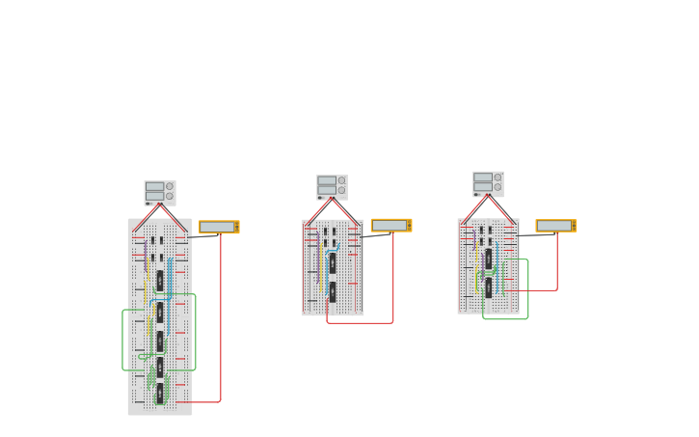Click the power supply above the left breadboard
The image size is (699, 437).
click(160, 193)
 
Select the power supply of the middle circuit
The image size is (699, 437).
click(332, 186)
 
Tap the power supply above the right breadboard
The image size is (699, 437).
click(488, 183)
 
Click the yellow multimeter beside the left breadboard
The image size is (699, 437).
click(219, 227)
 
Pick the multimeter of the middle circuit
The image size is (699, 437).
click(390, 225)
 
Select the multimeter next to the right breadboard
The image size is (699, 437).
click(556, 226)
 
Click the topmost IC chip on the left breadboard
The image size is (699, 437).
click(160, 281)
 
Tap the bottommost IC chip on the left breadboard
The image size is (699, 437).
click(160, 393)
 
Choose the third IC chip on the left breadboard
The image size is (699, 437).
click(160, 341)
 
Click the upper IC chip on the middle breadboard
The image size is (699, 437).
click(333, 262)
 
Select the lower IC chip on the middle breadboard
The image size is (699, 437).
click(333, 291)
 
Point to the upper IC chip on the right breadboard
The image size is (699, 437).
click(489, 259)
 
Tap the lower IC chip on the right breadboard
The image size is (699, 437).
click(489, 287)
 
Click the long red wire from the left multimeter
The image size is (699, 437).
click(221, 318)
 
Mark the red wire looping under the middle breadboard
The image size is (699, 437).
click(362, 322)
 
